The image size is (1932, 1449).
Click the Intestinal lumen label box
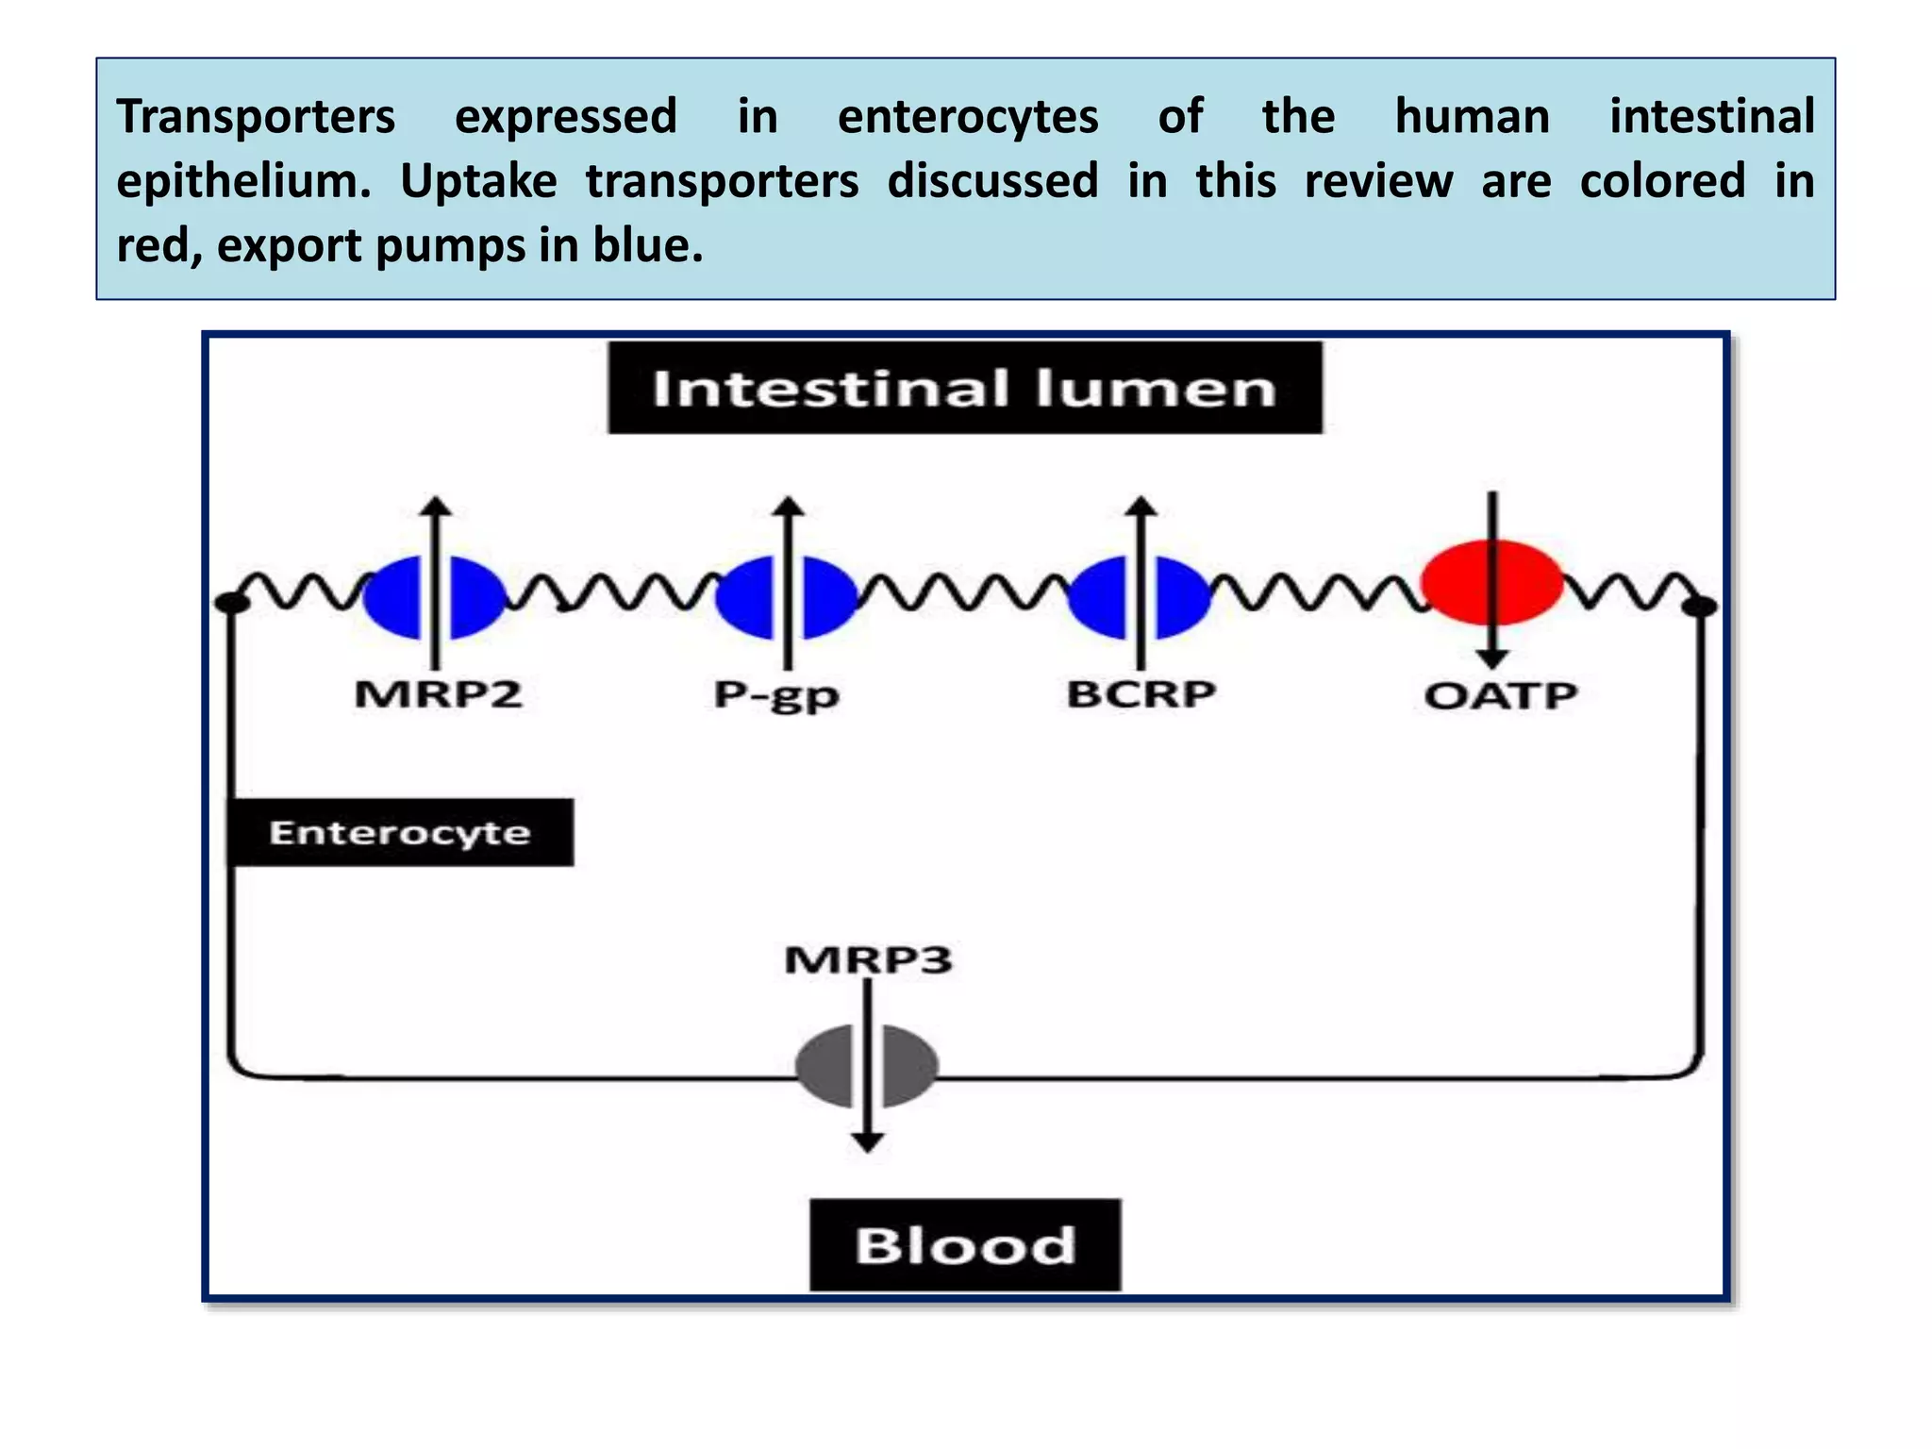tap(964, 388)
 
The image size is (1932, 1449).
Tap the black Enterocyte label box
tap(400, 832)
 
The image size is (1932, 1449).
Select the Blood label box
tap(965, 1244)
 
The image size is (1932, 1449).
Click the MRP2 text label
tap(438, 695)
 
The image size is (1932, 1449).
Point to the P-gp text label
tap(776, 696)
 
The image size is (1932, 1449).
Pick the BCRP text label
tap(1141, 694)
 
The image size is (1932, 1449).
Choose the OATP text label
tap(1500, 696)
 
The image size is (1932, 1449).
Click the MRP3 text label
tap(868, 959)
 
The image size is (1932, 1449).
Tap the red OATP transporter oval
tap(1492, 583)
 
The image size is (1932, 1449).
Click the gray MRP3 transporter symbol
tap(867, 1066)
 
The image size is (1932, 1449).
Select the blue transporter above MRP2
tap(435, 597)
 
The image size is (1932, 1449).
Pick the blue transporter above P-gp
tap(787, 597)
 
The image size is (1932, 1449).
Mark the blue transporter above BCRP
tap(1140, 597)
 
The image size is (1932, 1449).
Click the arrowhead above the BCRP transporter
tap(1141, 506)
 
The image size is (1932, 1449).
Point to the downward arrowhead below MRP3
tap(867, 1142)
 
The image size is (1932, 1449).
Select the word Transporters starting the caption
tap(256, 117)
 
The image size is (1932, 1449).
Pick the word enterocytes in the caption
tap(968, 117)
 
